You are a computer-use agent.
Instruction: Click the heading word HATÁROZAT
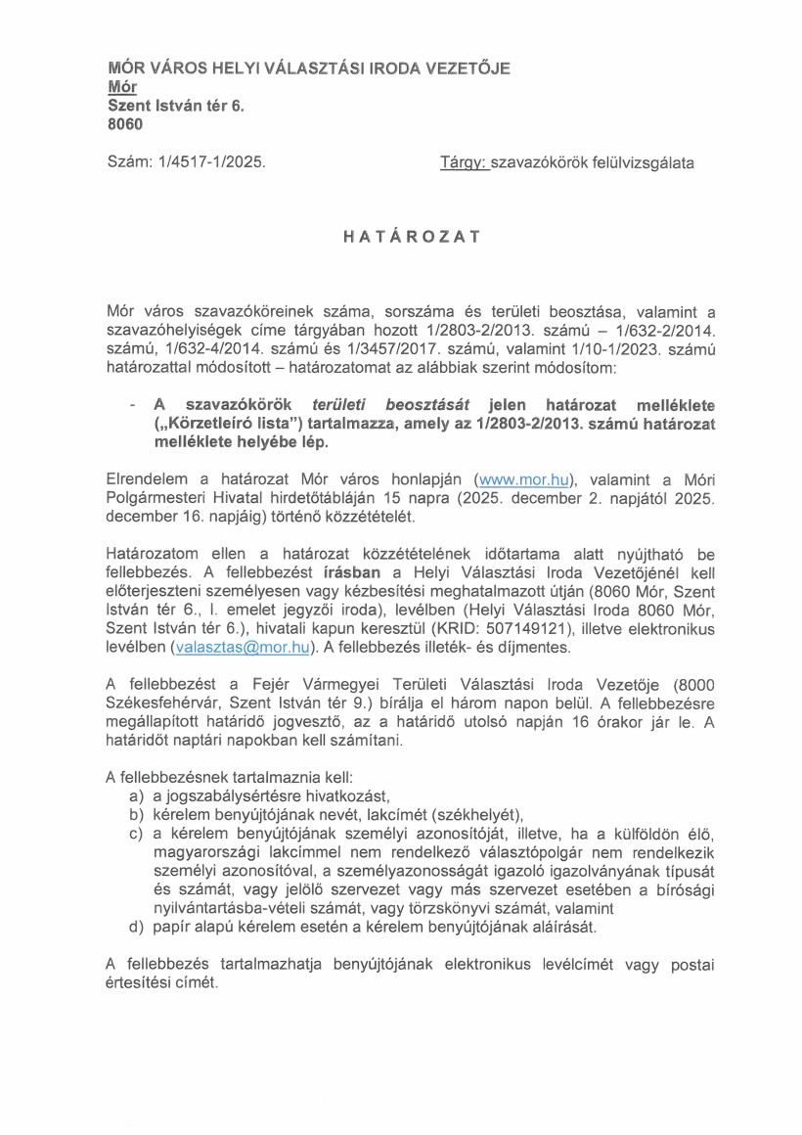pos(401,236)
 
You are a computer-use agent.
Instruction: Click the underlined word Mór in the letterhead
pos(121,86)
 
